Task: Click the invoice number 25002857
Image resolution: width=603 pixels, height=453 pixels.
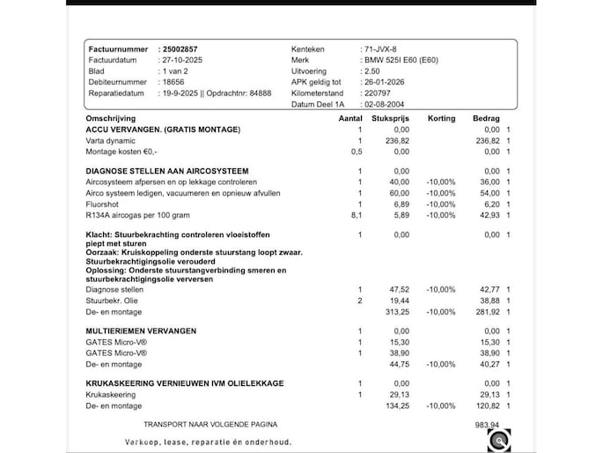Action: (x=179, y=48)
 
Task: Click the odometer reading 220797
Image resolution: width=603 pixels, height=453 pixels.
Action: (x=376, y=93)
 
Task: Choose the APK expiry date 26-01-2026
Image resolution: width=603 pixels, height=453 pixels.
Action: (x=384, y=82)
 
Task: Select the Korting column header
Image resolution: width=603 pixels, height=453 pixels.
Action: (x=441, y=118)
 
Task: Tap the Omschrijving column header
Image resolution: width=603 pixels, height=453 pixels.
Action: (x=110, y=118)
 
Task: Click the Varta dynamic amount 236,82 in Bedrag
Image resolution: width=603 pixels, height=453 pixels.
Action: (x=487, y=141)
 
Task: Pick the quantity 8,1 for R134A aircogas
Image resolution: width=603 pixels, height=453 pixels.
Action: (x=357, y=214)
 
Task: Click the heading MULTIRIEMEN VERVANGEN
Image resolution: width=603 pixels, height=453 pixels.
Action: (x=141, y=330)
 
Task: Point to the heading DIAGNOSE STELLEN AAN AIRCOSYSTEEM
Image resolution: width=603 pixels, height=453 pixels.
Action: (x=166, y=170)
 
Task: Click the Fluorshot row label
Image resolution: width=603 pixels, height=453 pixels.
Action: (x=102, y=203)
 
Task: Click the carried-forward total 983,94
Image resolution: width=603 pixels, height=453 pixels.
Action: (x=487, y=424)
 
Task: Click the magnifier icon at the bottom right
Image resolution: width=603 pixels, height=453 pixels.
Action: (x=498, y=440)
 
